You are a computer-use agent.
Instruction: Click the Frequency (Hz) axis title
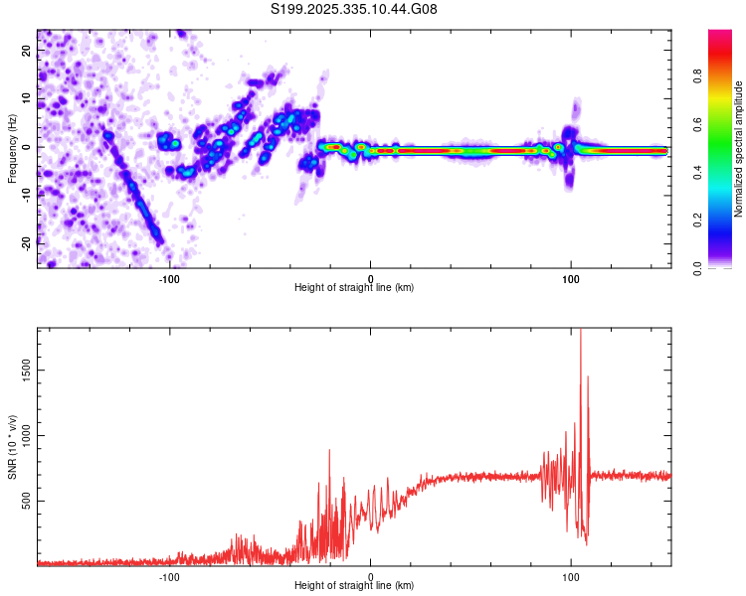pyautogui.click(x=12, y=147)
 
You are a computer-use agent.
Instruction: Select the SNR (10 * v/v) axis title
pyautogui.click(x=12, y=446)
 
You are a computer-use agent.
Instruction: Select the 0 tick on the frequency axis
pyautogui.click(x=28, y=147)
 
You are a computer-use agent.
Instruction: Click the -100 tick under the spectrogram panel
pyautogui.click(x=169, y=277)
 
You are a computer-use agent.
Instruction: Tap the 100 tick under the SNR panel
pyautogui.click(x=571, y=576)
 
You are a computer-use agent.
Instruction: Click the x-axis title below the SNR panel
pyautogui.click(x=354, y=587)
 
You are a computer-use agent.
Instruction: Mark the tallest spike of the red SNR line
pyautogui.click(x=580, y=332)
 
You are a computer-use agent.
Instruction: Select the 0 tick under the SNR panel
pyautogui.click(x=370, y=576)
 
